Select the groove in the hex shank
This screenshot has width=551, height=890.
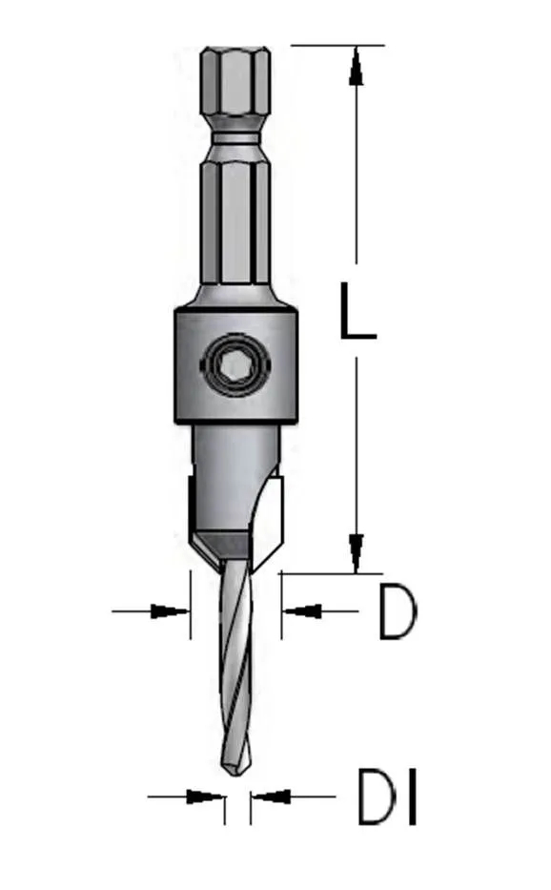234,139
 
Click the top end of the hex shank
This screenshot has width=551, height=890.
234,50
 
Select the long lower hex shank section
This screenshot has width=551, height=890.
234,224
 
